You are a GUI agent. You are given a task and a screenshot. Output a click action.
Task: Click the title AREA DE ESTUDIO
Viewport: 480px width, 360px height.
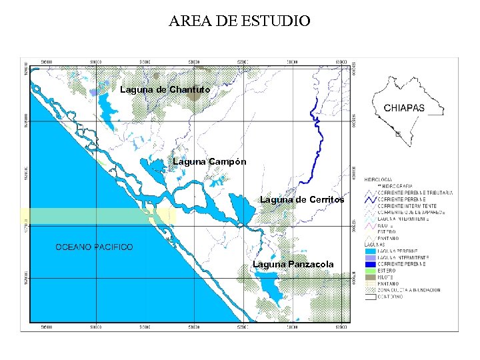tap(239, 21)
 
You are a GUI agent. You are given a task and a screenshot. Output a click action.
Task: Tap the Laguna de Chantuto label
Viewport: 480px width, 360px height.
tap(165, 89)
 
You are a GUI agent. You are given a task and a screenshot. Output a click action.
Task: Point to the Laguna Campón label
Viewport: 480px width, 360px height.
tap(209, 161)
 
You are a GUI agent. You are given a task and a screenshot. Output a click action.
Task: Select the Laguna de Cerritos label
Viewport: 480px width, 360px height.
tap(301, 199)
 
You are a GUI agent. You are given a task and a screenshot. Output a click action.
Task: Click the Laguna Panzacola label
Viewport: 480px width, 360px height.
tap(293, 264)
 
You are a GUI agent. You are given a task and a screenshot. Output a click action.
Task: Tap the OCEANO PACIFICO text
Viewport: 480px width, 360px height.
tap(94, 247)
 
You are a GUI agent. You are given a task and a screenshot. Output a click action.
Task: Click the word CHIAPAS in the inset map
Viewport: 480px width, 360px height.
tap(404, 108)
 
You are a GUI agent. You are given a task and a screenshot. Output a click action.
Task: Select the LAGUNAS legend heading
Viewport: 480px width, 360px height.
tap(373, 244)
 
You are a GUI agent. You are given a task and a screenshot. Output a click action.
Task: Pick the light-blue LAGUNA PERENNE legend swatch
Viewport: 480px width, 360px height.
tap(370, 251)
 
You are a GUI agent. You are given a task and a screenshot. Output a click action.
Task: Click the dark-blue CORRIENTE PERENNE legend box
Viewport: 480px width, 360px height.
tap(370, 264)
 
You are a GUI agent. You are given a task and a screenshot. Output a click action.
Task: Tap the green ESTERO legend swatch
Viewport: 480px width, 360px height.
tap(370, 271)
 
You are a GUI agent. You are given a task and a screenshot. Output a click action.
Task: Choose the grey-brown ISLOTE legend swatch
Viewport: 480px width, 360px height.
tap(370, 277)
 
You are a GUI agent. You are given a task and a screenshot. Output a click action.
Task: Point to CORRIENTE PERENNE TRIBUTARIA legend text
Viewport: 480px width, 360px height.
tap(415, 193)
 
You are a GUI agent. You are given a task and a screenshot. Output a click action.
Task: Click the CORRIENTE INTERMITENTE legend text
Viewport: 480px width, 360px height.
tap(407, 206)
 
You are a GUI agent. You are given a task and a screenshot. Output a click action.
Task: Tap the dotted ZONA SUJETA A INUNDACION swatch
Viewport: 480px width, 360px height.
tap(370, 290)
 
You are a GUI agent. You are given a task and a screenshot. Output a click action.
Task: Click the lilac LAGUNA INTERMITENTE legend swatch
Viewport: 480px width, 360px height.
tap(370, 257)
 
